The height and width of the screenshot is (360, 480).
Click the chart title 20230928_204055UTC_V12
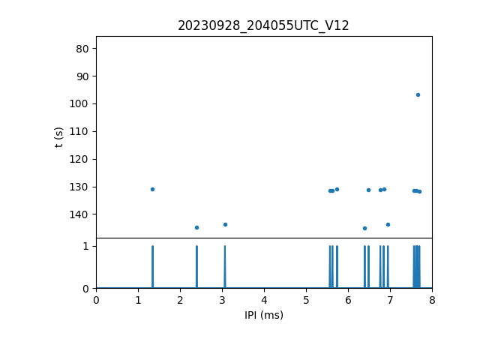click(263, 25)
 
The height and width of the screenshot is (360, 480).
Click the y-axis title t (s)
click(59, 137)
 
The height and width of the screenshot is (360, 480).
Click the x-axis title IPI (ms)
click(264, 315)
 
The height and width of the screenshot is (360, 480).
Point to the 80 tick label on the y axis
click(82, 49)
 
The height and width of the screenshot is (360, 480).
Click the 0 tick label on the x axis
click(96, 300)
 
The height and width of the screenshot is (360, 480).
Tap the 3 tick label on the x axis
click(222, 300)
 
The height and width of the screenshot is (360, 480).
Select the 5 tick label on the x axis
click(306, 300)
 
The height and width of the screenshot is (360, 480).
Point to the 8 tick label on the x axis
click(432, 300)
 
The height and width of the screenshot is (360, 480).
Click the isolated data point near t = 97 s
click(418, 94)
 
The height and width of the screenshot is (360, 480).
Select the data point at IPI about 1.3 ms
click(152, 189)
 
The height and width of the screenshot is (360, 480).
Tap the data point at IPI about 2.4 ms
click(196, 227)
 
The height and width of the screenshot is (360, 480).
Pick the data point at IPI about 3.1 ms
click(225, 224)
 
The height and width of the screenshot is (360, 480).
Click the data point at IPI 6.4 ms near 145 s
click(364, 228)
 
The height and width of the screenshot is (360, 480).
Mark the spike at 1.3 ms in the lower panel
click(152, 267)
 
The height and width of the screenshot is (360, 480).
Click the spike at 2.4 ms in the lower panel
click(196, 267)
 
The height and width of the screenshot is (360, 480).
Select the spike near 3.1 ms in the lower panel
click(224, 267)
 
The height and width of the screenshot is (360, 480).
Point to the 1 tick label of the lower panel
click(85, 246)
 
